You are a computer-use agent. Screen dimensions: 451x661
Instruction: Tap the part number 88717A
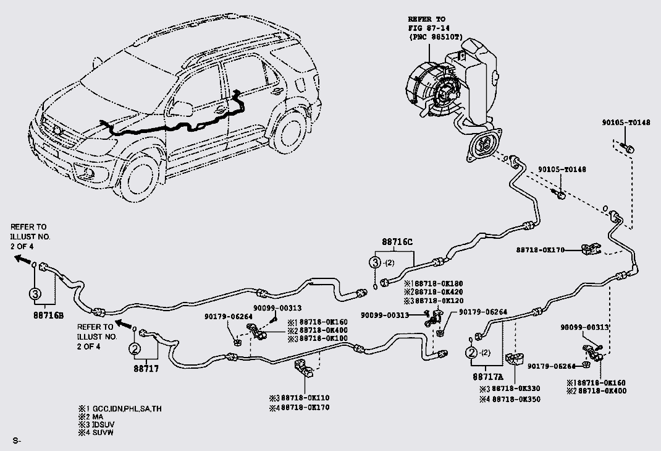click(489, 375)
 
